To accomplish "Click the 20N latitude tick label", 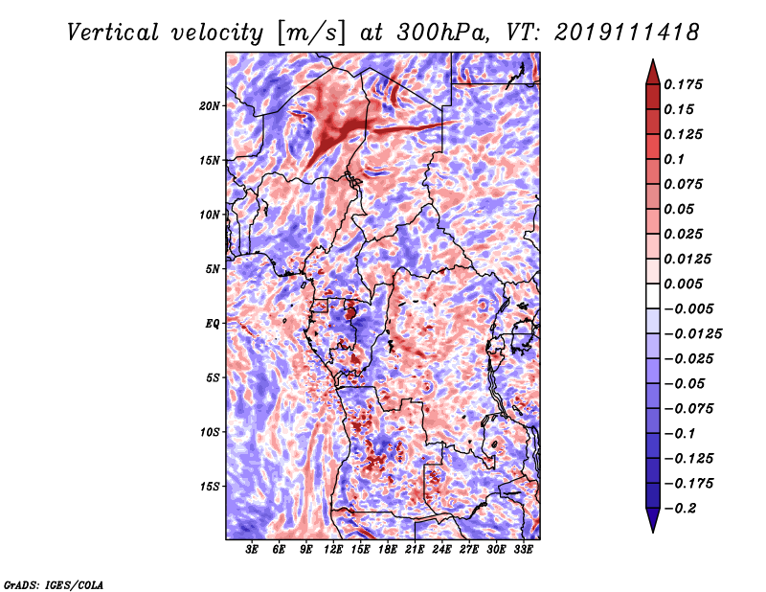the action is pyautogui.click(x=210, y=106).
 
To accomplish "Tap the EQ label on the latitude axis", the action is pyautogui.click(x=212, y=324).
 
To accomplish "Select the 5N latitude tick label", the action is pyautogui.click(x=213, y=269).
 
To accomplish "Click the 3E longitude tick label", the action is pyautogui.click(x=252, y=550).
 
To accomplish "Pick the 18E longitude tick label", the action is pyautogui.click(x=387, y=550).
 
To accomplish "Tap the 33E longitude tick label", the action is pyautogui.click(x=523, y=550).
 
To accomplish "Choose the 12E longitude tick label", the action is pyautogui.click(x=332, y=550).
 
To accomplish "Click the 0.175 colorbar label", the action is pyautogui.click(x=683, y=84).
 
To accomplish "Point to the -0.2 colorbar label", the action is pyautogui.click(x=681, y=509).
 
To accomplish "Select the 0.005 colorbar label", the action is pyautogui.click(x=683, y=284).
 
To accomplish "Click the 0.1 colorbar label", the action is pyautogui.click(x=674, y=159).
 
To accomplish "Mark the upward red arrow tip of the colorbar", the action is pyautogui.click(x=653, y=59).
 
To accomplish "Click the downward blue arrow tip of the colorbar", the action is pyautogui.click(x=653, y=532).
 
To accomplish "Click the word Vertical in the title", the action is pyautogui.click(x=113, y=33).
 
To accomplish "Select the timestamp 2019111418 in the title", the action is pyautogui.click(x=627, y=33).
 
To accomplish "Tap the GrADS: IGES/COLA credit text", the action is pyautogui.click(x=54, y=584).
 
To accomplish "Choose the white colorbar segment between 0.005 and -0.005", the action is pyautogui.click(x=653, y=296).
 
